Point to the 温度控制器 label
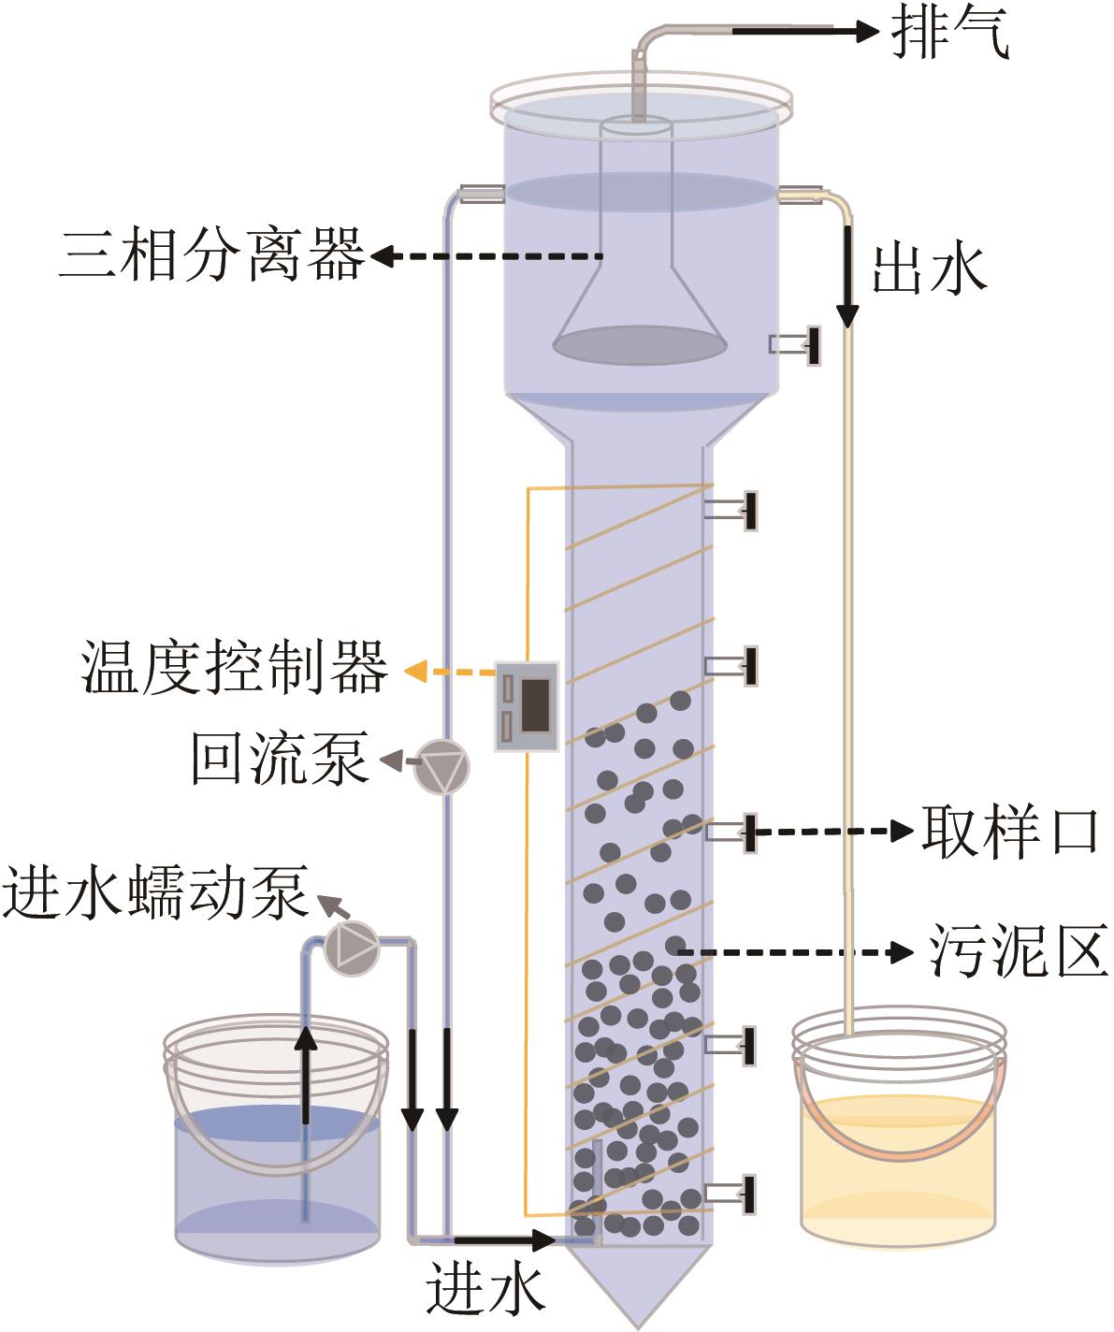coord(235,668)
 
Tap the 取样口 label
coord(1009,830)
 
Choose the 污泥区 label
coord(1018,951)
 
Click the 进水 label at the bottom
coord(486,1291)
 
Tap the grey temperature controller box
coord(528,704)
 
